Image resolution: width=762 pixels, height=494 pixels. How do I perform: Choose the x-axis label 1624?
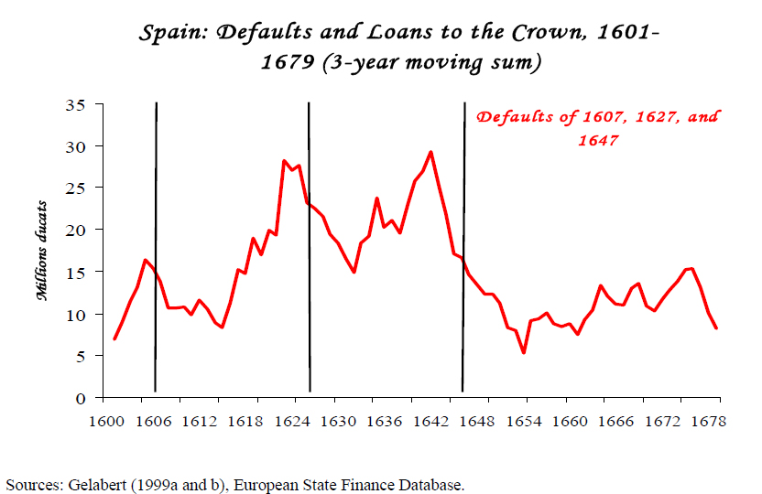[291, 422]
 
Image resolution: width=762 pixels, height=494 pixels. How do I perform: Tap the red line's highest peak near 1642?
[430, 152]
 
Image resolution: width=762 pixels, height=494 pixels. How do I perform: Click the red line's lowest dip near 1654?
[523, 352]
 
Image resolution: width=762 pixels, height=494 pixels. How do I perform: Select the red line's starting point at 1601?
[114, 338]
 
